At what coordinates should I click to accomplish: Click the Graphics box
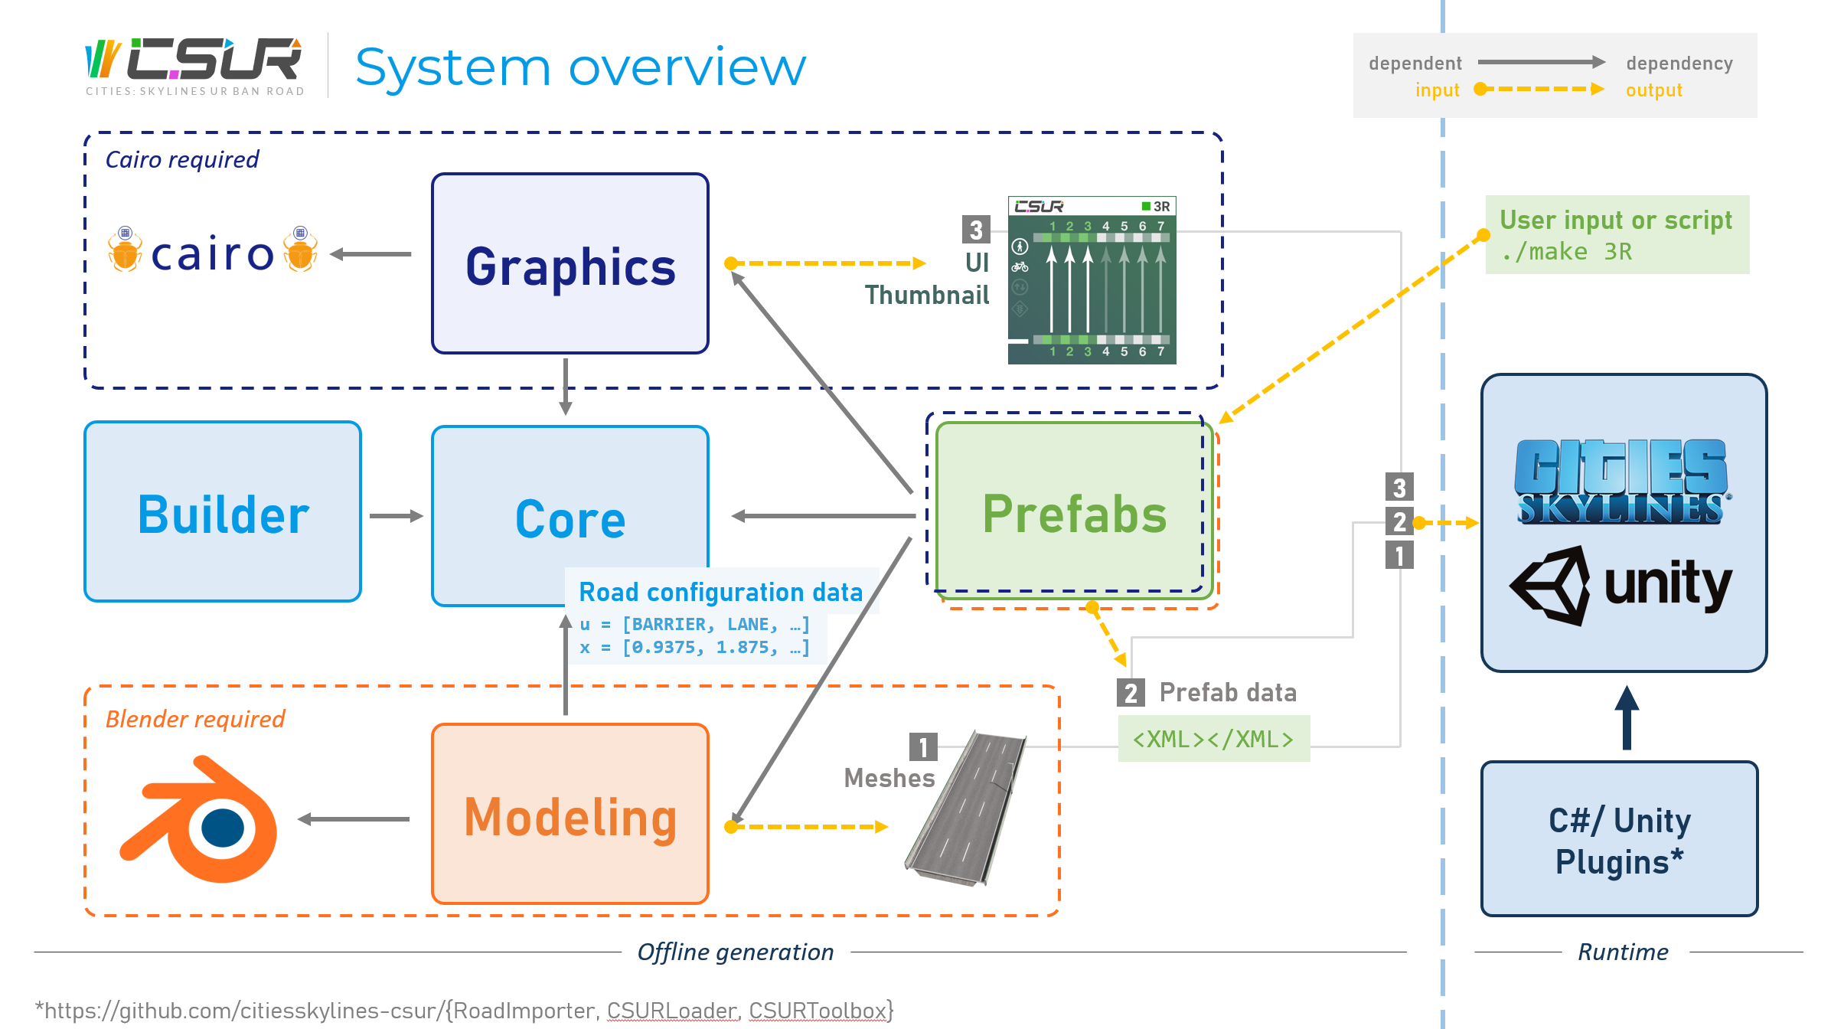click(x=570, y=263)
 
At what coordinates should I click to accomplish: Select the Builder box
click(x=223, y=511)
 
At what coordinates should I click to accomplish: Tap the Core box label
click(x=570, y=519)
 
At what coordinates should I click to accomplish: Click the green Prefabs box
click(x=1074, y=510)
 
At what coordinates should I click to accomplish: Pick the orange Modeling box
click(x=570, y=814)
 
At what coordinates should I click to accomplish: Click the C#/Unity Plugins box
click(x=1619, y=838)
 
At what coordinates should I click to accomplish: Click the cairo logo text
click(x=212, y=253)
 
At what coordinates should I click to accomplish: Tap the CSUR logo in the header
click(x=194, y=65)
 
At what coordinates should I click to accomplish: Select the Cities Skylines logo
click(x=1621, y=482)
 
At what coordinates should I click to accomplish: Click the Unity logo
click(x=1620, y=586)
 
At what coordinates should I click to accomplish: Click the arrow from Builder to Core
click(x=397, y=516)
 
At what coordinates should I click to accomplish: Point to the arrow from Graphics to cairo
click(x=370, y=254)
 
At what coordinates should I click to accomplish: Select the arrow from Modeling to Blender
click(x=354, y=819)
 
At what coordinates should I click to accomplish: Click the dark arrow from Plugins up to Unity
click(x=1627, y=717)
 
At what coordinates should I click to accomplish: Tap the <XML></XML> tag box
click(x=1214, y=739)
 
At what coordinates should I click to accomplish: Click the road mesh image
click(x=965, y=808)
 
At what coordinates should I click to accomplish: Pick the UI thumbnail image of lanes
click(x=1092, y=280)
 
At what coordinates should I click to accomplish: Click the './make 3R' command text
click(x=1566, y=251)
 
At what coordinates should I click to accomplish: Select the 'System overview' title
click(x=581, y=67)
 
